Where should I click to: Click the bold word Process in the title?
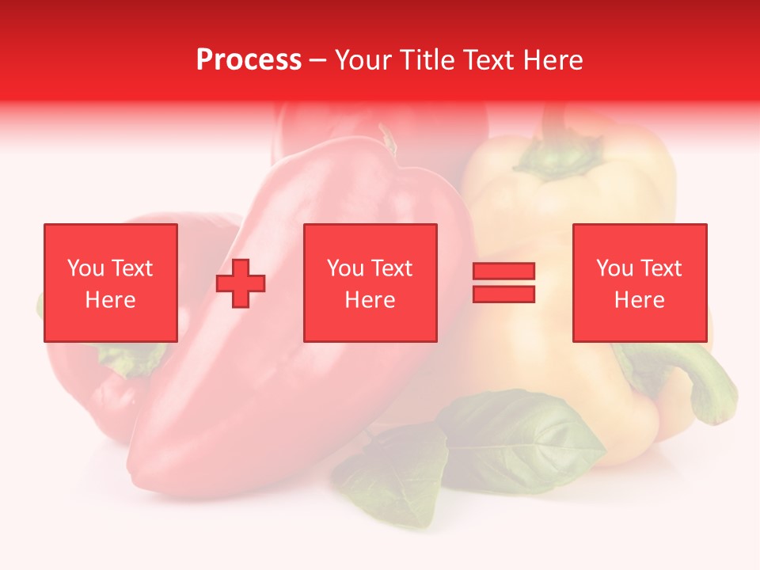tap(249, 60)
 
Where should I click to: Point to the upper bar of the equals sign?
tap(504, 272)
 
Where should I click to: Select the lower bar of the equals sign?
tap(504, 294)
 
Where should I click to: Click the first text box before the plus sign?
tap(110, 283)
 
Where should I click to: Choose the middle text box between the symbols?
tap(370, 283)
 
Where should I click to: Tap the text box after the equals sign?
tap(639, 283)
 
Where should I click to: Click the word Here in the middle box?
tap(370, 300)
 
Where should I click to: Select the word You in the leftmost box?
tap(85, 268)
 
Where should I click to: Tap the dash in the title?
tap(317, 60)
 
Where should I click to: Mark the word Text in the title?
tap(488, 60)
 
